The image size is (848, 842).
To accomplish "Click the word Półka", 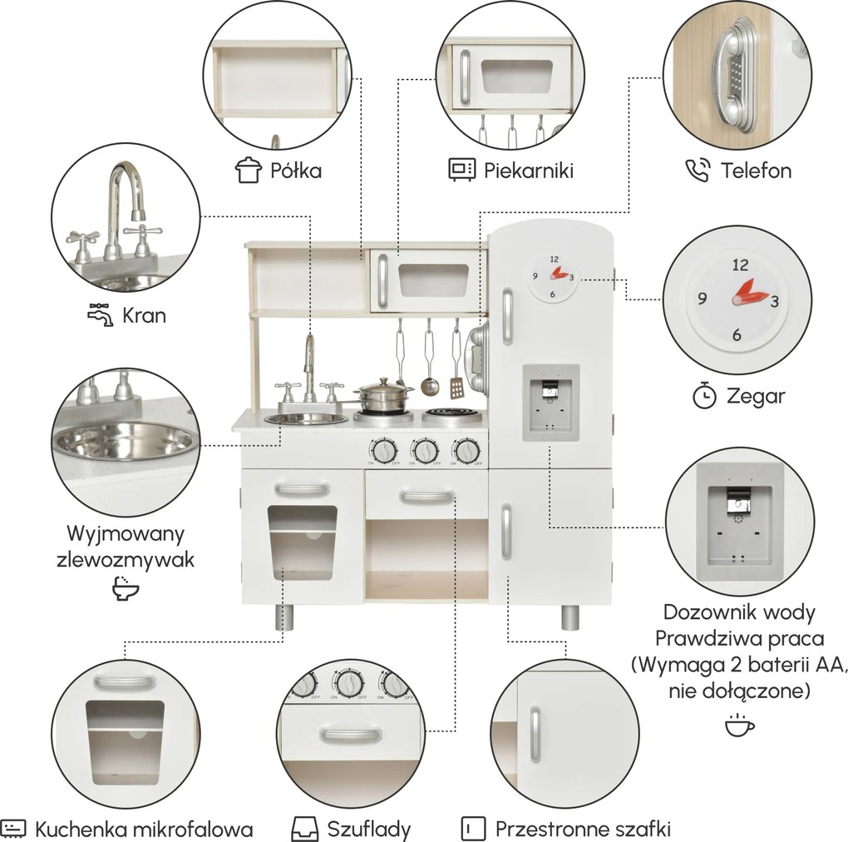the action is [x=296, y=171].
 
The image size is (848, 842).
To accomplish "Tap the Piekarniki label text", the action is [x=529, y=171].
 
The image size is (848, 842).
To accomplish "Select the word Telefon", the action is [x=756, y=171].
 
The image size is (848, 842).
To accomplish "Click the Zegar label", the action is [x=756, y=396].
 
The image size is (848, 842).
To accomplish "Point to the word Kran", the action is [x=144, y=315].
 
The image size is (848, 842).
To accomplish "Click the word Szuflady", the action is [x=369, y=829].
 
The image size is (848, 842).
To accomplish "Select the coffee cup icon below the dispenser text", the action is [x=739, y=726].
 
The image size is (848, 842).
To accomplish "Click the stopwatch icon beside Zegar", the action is [x=705, y=395].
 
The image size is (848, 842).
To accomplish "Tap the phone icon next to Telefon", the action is [x=698, y=170].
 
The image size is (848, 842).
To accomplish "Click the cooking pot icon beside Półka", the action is [x=249, y=170].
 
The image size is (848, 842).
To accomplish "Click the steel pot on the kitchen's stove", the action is [x=383, y=396].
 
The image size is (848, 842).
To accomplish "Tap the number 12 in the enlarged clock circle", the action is [x=740, y=265].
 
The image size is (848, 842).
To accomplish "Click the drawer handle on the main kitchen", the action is [x=427, y=496].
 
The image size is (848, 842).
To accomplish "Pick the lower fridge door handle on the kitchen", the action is [x=506, y=531].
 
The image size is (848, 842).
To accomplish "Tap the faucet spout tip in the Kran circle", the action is [x=139, y=215].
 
